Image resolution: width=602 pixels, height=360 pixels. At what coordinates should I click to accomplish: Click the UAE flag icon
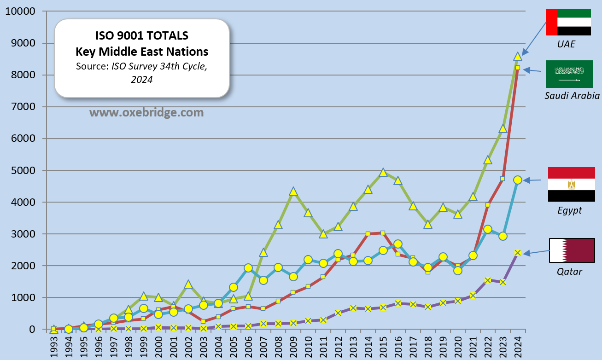tap(568, 22)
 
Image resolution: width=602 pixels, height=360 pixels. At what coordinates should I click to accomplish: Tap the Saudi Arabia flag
tap(569, 74)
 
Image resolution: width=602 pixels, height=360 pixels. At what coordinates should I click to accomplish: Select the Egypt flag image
tap(571, 185)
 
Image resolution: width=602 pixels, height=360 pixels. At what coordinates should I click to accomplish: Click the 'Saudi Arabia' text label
tap(572, 96)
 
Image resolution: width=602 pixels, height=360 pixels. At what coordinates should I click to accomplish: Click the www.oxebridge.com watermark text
tap(146, 112)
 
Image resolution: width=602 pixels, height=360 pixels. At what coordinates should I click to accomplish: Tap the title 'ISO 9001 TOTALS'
tap(141, 35)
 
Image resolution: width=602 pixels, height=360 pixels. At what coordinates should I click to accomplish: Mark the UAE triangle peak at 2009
tap(293, 191)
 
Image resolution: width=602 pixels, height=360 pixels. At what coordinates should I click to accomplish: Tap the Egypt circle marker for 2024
tap(518, 180)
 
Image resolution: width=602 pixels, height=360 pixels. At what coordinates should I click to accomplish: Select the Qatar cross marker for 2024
tap(518, 253)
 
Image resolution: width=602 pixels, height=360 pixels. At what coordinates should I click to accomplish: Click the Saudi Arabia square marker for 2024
tap(518, 68)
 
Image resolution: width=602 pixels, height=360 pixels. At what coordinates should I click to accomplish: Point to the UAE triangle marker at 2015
tap(383, 173)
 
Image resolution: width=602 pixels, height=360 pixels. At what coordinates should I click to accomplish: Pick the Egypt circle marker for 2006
tap(248, 268)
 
